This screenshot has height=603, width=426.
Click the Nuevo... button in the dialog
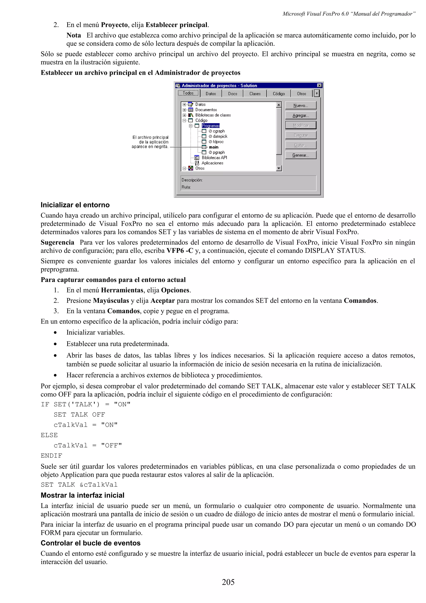pos(301,105)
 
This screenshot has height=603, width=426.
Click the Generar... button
pos(301,155)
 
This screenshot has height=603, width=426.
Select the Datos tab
pos(211,93)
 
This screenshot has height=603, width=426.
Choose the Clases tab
pos(255,93)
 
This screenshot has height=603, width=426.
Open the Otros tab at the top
pos(301,93)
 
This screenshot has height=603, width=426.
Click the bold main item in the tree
pos(213,147)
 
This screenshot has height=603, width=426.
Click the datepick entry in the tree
pos(220,136)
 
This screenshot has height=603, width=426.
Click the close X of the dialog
pos(319,85)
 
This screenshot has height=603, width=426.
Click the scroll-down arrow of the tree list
pos(279,168)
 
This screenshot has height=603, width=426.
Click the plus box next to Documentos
pos(184,110)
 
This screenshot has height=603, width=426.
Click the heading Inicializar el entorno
pos(75,205)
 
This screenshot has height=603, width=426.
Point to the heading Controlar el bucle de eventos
pos(90,543)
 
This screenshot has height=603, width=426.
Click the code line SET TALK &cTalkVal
pos(79,485)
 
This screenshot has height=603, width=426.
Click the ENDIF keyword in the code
pos(51,456)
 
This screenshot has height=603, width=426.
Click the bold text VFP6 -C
pos(180,251)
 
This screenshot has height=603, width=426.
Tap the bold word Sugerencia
pos(57,242)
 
